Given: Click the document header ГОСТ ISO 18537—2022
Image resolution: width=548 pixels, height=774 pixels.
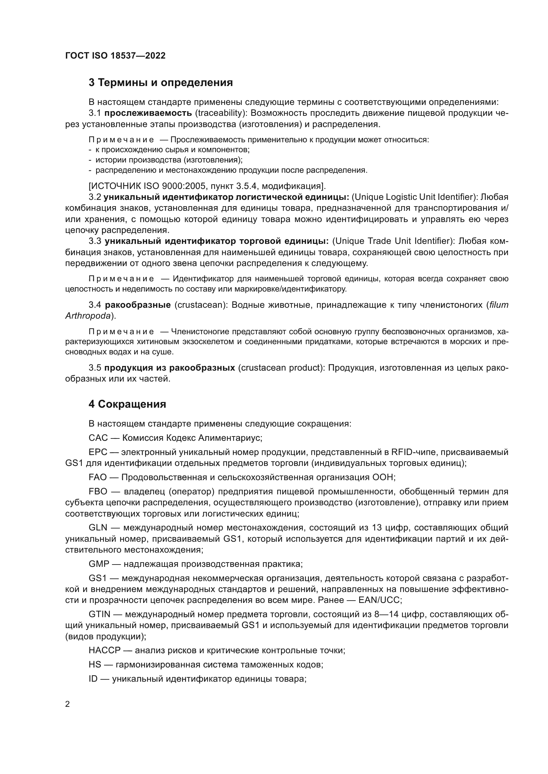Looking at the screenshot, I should click(x=115, y=56).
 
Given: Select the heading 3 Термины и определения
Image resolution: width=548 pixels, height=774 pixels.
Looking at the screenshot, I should click(x=161, y=83).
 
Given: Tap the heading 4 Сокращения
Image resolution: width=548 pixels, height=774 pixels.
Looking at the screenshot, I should click(x=127, y=404).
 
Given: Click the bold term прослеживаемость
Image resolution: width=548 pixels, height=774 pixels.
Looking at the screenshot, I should click(x=148, y=113).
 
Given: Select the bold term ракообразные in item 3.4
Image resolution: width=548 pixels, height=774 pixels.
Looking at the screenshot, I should click(x=138, y=305).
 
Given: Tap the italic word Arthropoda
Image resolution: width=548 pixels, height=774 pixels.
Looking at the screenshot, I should click(x=88, y=316).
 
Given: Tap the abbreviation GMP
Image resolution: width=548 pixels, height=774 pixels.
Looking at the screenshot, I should click(x=99, y=564).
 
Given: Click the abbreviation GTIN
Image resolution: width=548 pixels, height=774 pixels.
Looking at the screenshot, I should click(x=99, y=614).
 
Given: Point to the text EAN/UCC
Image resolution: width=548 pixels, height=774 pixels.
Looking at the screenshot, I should click(x=379, y=600).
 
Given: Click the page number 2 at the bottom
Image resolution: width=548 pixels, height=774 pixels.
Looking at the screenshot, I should click(x=68, y=704).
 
